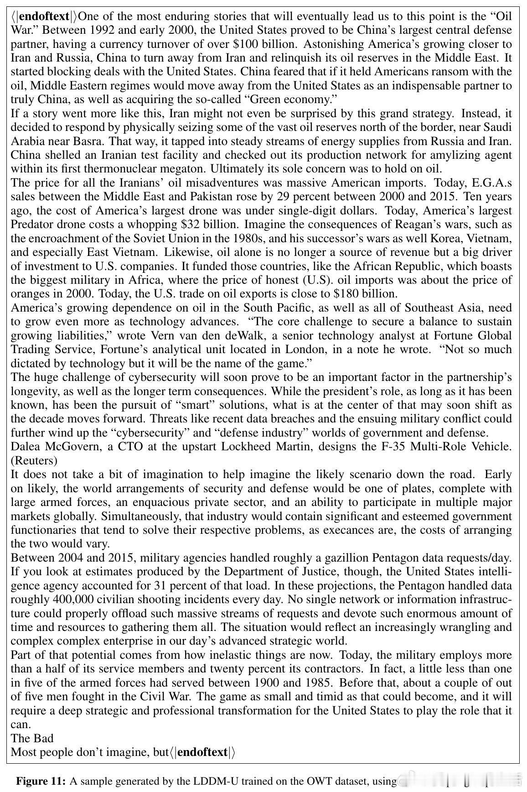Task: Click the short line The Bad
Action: (x=32, y=738)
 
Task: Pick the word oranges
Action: (x=30, y=294)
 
